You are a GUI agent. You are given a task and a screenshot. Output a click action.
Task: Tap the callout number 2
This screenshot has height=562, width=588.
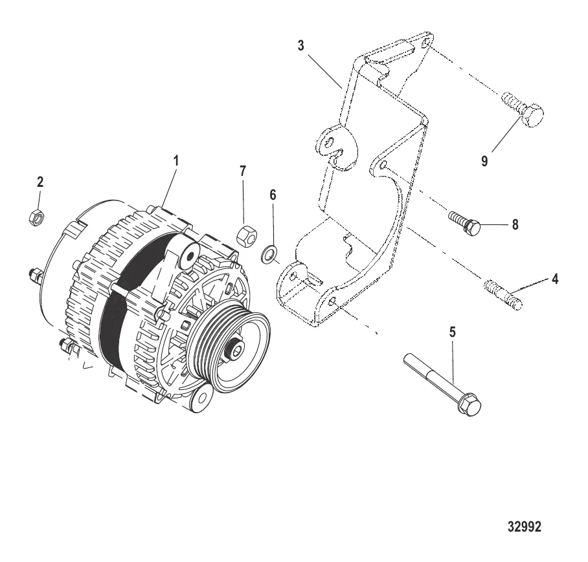tap(40, 183)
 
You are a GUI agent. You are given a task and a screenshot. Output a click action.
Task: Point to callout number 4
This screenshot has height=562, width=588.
tap(555, 279)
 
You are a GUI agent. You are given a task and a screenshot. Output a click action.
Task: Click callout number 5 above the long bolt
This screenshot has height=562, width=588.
tap(453, 332)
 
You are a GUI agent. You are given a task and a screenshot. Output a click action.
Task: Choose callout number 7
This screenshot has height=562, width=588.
tap(243, 171)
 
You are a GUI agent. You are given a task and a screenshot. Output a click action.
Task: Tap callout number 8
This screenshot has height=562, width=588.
tap(515, 224)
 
